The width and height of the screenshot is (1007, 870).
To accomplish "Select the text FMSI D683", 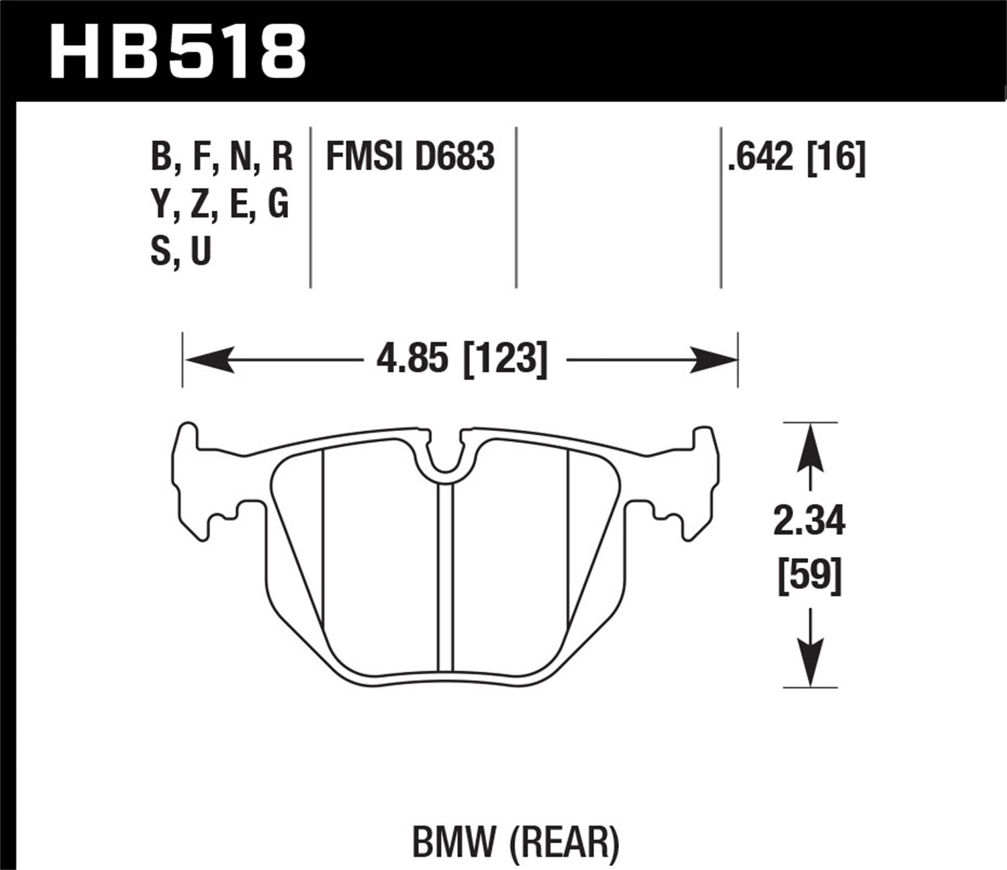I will click(x=410, y=156).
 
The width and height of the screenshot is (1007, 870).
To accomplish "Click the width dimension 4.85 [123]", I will click(x=462, y=359).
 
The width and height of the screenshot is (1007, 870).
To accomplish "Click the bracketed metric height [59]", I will click(x=809, y=575).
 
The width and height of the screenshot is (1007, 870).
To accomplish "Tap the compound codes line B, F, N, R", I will click(x=222, y=156).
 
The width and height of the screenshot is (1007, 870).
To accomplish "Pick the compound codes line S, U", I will click(x=181, y=251).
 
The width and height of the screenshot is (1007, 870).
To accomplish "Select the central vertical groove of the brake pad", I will click(x=445, y=577).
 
